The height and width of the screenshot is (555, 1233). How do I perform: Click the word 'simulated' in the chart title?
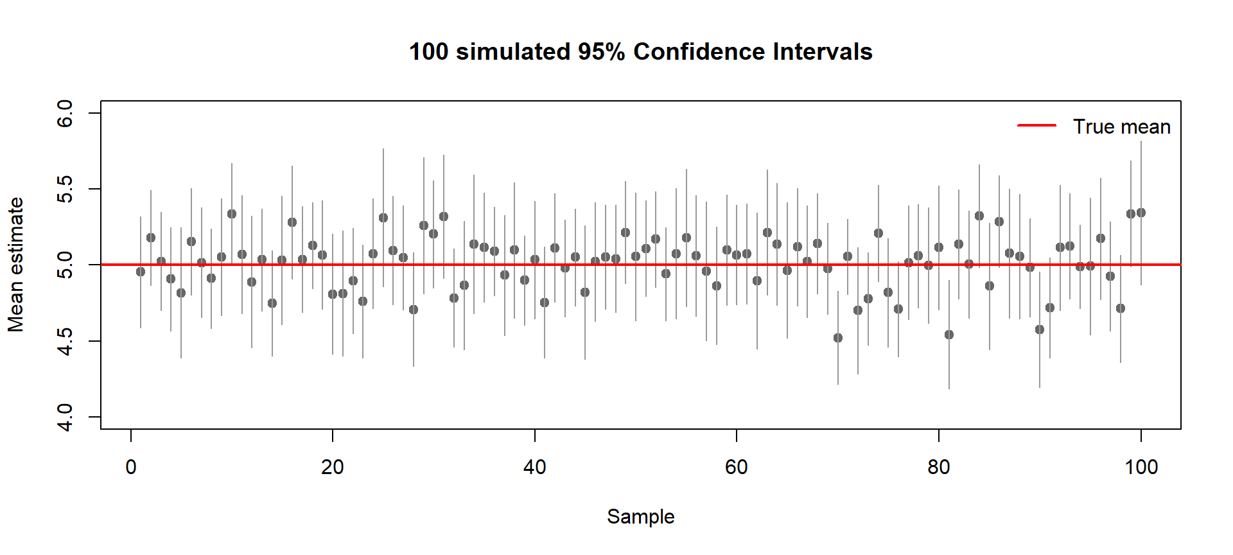click(x=513, y=52)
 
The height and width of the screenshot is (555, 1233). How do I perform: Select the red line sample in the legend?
click(x=1036, y=126)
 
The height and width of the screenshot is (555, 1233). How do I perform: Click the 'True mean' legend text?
click(x=1121, y=127)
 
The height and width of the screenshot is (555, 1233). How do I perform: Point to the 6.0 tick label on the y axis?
click(x=66, y=114)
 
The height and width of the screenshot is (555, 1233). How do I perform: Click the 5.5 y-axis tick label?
click(x=66, y=189)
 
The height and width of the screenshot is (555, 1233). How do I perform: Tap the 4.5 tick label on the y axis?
click(x=66, y=341)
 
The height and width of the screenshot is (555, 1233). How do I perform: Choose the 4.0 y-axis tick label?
click(x=66, y=417)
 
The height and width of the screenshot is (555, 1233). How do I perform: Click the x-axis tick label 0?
click(x=131, y=467)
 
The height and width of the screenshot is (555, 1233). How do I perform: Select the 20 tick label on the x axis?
click(x=333, y=467)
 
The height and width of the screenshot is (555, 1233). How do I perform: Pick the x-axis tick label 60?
click(x=737, y=467)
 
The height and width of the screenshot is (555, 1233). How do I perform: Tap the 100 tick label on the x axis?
click(x=1141, y=467)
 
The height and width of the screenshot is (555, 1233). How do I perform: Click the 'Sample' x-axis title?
click(x=640, y=516)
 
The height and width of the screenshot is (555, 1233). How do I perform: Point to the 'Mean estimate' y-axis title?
click(x=16, y=265)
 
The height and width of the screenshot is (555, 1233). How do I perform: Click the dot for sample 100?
click(x=1141, y=213)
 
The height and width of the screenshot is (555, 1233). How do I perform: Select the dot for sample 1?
click(x=141, y=272)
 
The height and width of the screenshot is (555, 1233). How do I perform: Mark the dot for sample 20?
click(x=333, y=294)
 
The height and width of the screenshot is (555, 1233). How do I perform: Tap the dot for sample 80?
click(x=939, y=247)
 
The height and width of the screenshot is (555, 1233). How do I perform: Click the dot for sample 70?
click(x=838, y=338)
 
